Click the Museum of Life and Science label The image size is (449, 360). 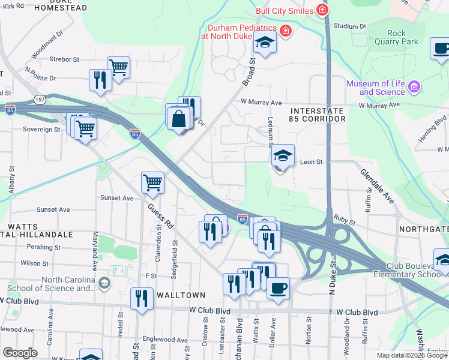tap(375, 88)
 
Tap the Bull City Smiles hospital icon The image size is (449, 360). tap(323, 10)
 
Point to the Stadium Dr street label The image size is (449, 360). tap(349, 26)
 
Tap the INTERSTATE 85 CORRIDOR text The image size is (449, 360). tap(318, 115)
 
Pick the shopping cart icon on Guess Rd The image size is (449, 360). tap(152, 183)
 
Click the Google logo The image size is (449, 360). tap(20, 353)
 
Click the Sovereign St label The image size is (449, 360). tap(41, 129)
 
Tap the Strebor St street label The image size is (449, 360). tap(64, 59)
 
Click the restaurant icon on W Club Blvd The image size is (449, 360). tap(141, 298)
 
